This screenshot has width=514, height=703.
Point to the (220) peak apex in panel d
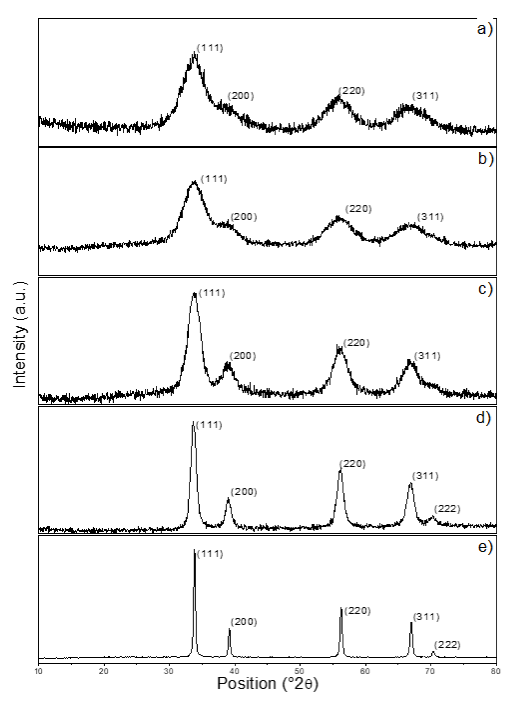340,469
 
